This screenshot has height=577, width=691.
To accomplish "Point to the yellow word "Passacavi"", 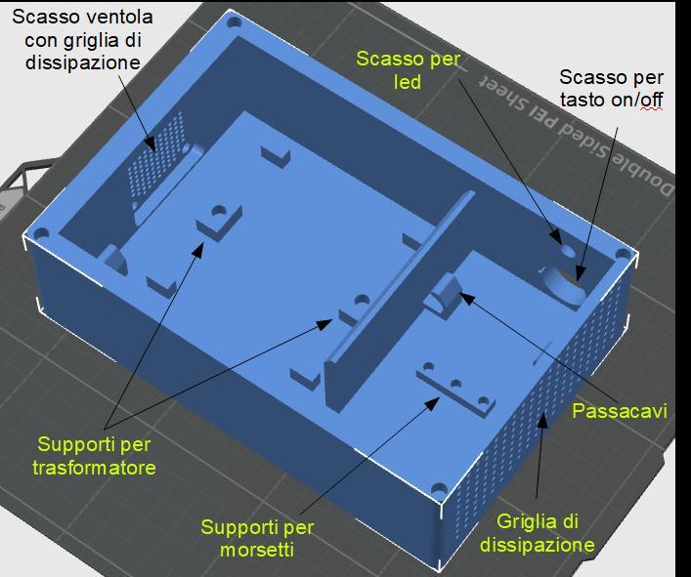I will coord(620,411).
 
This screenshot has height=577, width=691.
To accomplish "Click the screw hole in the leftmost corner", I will coord(41,235).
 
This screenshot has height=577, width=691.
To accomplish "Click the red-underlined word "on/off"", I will coord(648,100).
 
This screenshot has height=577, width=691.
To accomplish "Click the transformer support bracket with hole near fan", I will coord(220,217).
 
